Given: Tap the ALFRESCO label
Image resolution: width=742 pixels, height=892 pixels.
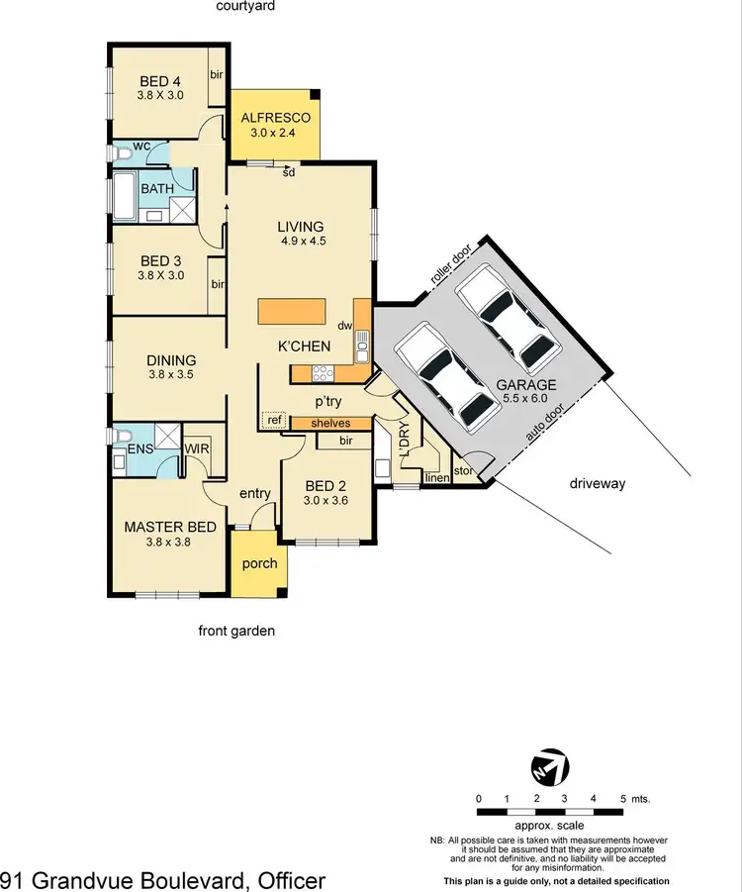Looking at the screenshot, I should pyautogui.click(x=274, y=124).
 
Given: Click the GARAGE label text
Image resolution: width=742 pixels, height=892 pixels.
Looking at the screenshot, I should pyautogui.click(x=526, y=384).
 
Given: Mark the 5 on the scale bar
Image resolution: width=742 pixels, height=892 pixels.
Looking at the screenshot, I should pyautogui.click(x=623, y=797).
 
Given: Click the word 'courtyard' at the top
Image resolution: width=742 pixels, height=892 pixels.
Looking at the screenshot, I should pyautogui.click(x=245, y=6).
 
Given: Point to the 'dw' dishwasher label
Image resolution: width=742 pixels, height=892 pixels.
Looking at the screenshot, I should pyautogui.click(x=344, y=325).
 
